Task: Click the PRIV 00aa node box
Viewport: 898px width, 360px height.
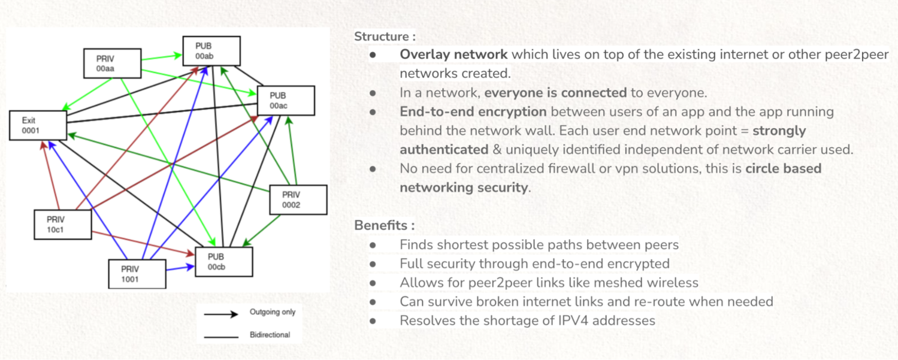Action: (112, 63)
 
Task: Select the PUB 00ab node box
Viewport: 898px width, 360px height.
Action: (211, 51)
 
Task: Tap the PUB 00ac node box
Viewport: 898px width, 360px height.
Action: (286, 101)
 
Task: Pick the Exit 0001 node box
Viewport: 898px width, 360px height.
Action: (37, 125)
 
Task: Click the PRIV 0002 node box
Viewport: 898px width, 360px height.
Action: (298, 199)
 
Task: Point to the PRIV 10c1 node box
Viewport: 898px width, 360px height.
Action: (62, 225)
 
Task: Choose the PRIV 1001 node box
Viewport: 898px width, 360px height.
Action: (137, 274)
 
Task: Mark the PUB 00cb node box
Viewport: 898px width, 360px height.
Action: (224, 262)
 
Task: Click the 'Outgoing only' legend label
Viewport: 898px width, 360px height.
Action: (273, 312)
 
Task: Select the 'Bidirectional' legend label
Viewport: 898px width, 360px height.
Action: (270, 335)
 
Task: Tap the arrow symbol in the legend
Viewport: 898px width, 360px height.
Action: (221, 313)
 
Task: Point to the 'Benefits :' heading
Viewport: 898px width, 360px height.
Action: (384, 226)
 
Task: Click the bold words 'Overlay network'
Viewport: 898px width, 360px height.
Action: (453, 55)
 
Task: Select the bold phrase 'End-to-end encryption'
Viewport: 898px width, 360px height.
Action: (473, 111)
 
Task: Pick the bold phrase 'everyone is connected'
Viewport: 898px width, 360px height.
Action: (555, 93)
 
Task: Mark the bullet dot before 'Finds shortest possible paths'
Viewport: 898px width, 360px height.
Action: (373, 245)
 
